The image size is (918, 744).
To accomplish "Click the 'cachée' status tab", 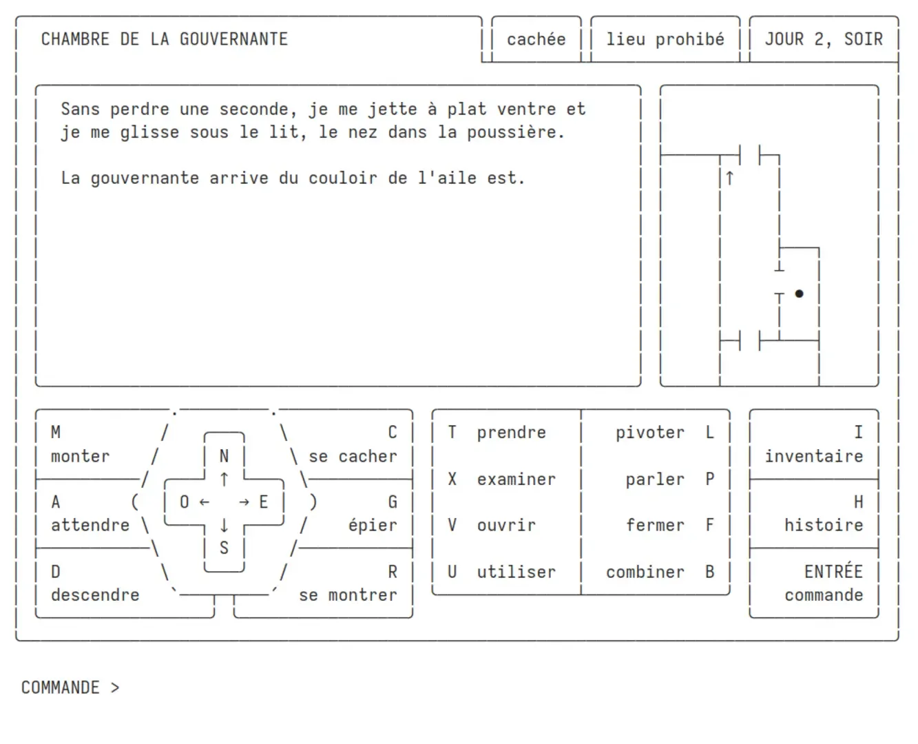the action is click(536, 39).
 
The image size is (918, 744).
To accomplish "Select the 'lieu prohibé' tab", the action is click(665, 39).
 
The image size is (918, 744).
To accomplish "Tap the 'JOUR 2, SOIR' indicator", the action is click(824, 39).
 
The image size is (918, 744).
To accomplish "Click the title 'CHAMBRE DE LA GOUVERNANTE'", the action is click(164, 39).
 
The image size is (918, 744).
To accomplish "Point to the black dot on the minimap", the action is click(799, 293).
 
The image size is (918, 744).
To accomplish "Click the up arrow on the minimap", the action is click(729, 178).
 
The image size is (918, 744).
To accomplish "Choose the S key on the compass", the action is click(224, 548).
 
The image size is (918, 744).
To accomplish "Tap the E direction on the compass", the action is click(263, 502).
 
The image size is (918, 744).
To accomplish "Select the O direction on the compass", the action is click(184, 502).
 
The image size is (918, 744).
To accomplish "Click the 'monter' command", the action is click(80, 456).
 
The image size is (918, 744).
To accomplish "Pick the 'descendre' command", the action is click(95, 595).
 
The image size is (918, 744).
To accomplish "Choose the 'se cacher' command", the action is click(353, 456).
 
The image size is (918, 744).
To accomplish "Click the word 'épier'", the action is click(373, 525).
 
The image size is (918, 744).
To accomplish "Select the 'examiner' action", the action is click(517, 479).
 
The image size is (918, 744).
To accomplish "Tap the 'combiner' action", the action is click(645, 572).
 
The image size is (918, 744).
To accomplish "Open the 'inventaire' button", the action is click(814, 456).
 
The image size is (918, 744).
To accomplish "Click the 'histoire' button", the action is click(824, 525).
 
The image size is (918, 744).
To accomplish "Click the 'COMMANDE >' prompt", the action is click(70, 687).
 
